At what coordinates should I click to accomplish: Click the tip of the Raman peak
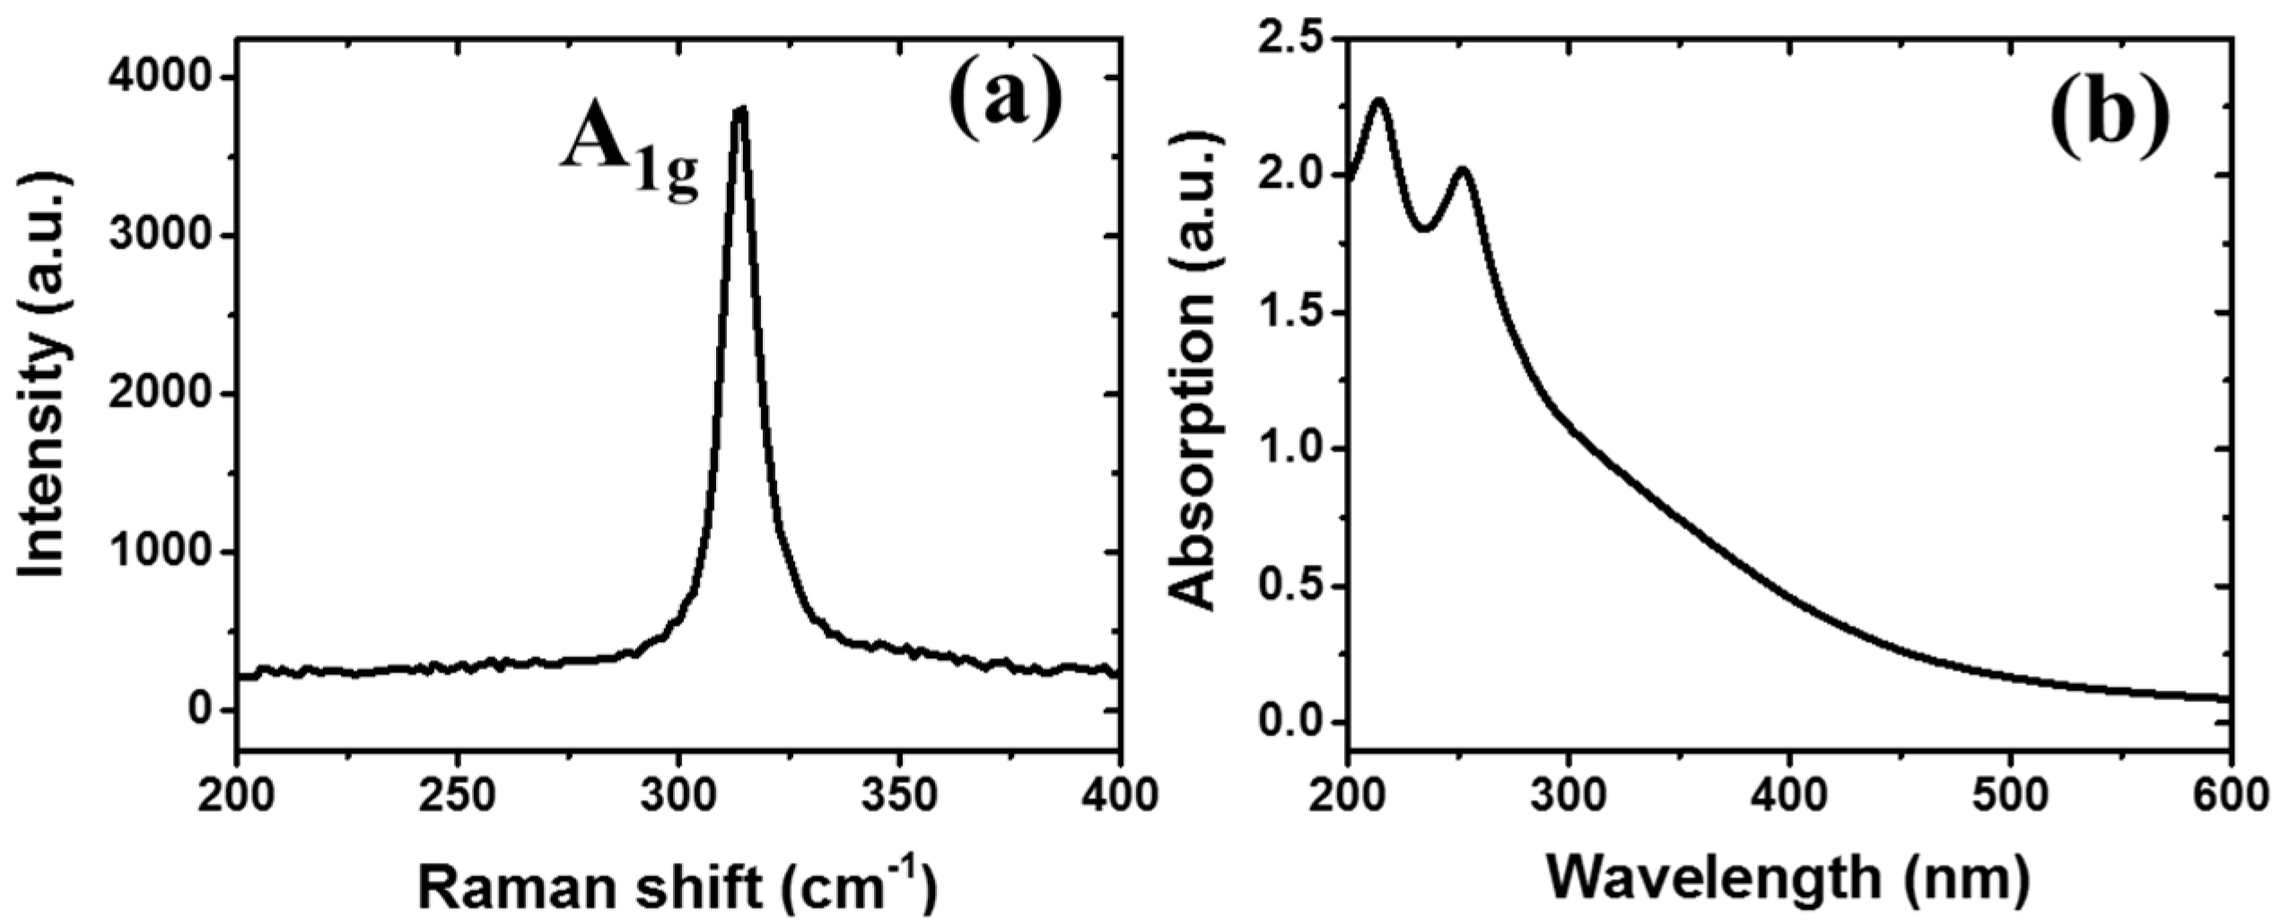pyautogui.click(x=740, y=110)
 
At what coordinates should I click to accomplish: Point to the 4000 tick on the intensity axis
pyautogui.click(x=161, y=78)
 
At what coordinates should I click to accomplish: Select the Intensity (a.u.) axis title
pyautogui.click(x=42, y=377)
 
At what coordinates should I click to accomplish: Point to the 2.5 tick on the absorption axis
pyautogui.click(x=1293, y=40)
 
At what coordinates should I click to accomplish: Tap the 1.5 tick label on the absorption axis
pyautogui.click(x=1293, y=313)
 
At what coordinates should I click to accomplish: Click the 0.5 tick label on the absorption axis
pyautogui.click(x=1293, y=586)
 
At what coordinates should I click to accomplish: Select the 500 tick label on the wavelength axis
pyautogui.click(x=2010, y=796)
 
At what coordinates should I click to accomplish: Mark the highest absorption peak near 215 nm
pyautogui.click(x=1379, y=100)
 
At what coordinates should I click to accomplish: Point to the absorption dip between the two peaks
pyautogui.click(x=1425, y=230)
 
